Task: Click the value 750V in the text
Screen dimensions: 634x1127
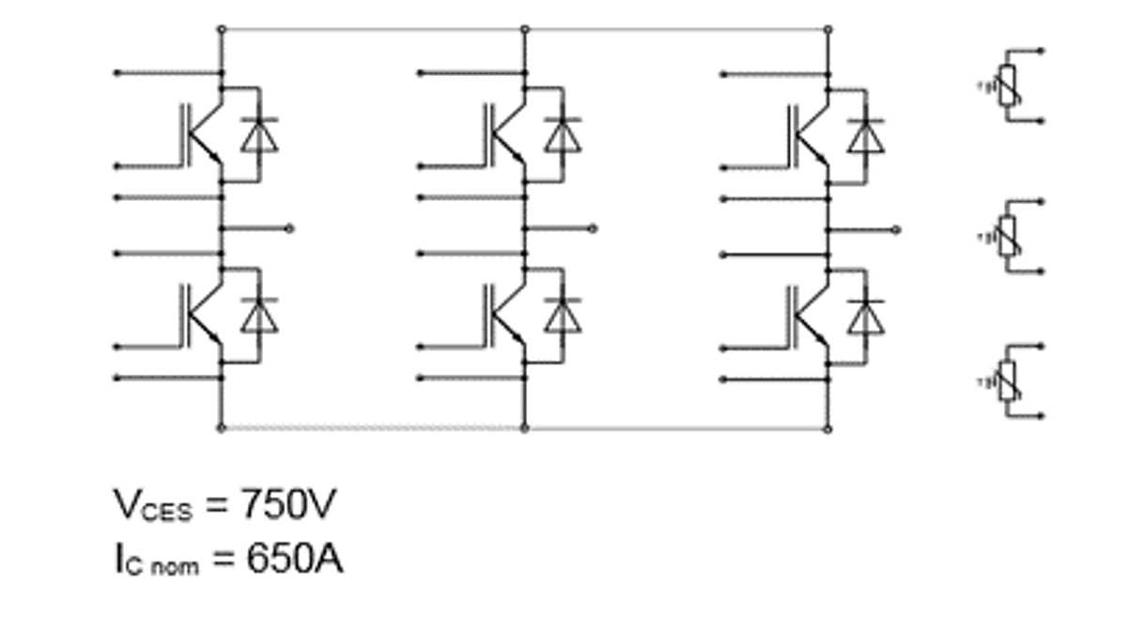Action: pyautogui.click(x=287, y=505)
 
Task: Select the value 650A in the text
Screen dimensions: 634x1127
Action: pyautogui.click(x=294, y=560)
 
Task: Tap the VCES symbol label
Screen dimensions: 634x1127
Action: pyautogui.click(x=153, y=507)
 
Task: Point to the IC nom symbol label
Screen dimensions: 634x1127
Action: pyautogui.click(x=156, y=562)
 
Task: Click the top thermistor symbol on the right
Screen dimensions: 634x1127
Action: pyautogui.click(x=1008, y=85)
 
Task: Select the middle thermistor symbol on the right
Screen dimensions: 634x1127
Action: pyautogui.click(x=1008, y=237)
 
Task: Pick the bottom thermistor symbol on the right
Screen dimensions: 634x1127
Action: pyautogui.click(x=1008, y=381)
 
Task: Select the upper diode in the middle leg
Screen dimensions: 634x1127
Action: pyautogui.click(x=563, y=135)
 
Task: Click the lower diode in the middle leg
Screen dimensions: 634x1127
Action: pyautogui.click(x=563, y=316)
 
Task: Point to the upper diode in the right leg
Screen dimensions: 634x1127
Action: pyautogui.click(x=866, y=135)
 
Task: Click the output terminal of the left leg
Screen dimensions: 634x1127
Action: pyautogui.click(x=289, y=228)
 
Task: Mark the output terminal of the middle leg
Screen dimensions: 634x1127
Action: pyautogui.click(x=593, y=228)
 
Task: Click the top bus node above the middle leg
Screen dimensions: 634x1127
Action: pyautogui.click(x=525, y=29)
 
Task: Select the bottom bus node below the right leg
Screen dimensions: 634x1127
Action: pyautogui.click(x=827, y=428)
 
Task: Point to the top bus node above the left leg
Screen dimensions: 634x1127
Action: pyautogui.click(x=222, y=29)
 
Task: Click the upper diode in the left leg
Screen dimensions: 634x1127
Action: pyautogui.click(x=259, y=135)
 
